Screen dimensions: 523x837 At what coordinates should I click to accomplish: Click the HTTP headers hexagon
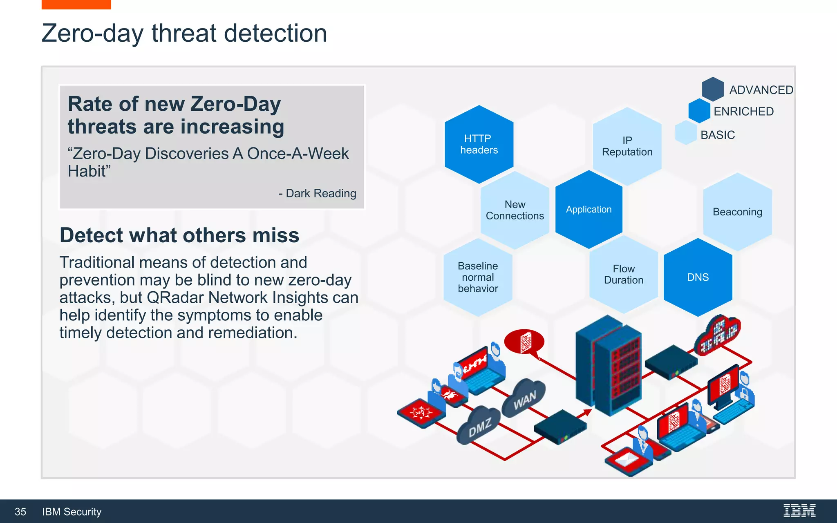479,144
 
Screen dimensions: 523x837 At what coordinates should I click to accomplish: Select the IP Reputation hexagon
627,146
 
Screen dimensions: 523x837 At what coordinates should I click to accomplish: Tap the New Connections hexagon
515,210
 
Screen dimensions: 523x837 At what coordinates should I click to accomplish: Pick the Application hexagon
589,210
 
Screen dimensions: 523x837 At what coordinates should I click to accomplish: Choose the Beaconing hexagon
737,212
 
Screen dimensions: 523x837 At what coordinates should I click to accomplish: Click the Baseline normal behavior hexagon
478,277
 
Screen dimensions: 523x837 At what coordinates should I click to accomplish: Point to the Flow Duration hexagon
624,275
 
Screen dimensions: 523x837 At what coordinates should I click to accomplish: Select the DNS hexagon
698,277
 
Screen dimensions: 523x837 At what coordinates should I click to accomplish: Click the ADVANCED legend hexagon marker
713,89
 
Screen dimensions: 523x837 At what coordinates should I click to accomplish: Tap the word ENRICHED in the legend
743,112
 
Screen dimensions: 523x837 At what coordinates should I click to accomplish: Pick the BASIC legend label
718,135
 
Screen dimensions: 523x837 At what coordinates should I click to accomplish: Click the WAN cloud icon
524,398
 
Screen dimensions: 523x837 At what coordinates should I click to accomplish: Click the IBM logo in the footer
799,511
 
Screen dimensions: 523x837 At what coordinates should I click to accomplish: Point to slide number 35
20,512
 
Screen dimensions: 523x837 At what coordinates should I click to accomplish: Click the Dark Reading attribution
317,193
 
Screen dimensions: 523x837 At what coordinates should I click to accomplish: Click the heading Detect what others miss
179,235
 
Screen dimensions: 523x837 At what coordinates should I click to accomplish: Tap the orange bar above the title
76,4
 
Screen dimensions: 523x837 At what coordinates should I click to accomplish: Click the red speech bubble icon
524,342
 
